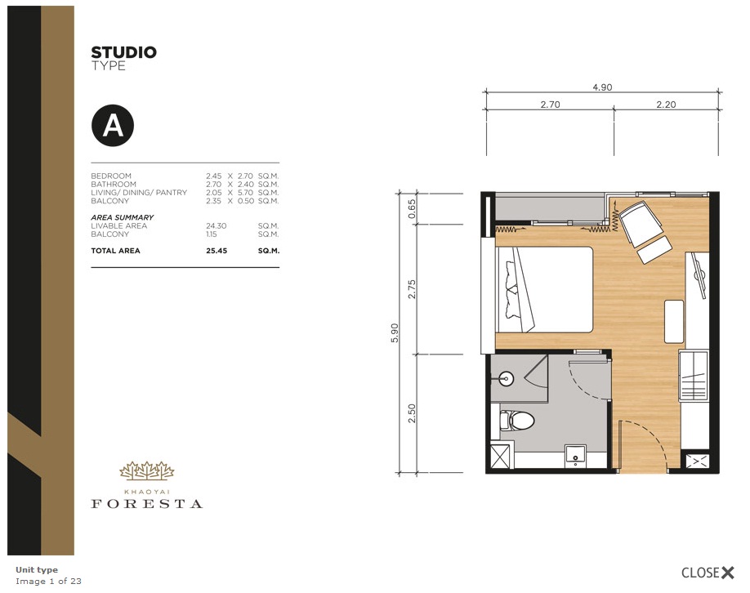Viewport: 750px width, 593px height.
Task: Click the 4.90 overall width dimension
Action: (x=602, y=87)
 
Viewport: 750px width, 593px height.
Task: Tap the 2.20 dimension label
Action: (x=666, y=105)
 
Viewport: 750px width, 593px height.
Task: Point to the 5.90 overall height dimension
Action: (x=394, y=332)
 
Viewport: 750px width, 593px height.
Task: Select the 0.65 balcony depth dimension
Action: (x=412, y=209)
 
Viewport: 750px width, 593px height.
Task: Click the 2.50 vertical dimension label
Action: (x=412, y=413)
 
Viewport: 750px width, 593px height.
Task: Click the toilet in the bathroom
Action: (x=516, y=421)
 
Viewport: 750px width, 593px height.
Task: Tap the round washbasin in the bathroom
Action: (x=506, y=379)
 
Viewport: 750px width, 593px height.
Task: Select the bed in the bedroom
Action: (x=544, y=289)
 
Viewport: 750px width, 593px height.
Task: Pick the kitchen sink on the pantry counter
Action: (x=694, y=376)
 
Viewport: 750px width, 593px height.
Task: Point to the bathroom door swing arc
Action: (x=589, y=381)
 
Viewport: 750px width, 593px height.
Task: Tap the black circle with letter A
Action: (x=113, y=125)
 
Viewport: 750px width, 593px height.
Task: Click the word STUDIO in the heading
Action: (x=124, y=52)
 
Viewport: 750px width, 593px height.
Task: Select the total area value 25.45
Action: (x=217, y=251)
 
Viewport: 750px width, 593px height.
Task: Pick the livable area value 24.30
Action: (x=217, y=225)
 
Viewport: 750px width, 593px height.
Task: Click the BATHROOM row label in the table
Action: (x=114, y=184)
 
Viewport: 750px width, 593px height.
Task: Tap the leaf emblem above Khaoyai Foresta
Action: (x=147, y=470)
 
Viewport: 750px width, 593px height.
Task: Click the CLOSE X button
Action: (x=708, y=573)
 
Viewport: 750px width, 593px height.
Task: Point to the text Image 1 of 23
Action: (x=48, y=581)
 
